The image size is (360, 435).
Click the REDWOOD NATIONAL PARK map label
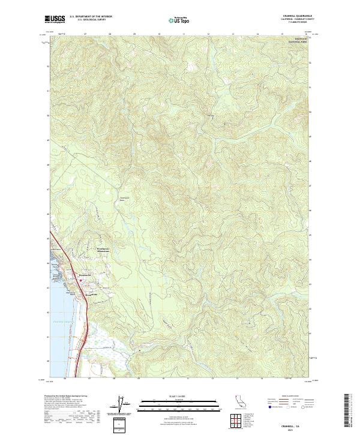click(295, 41)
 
